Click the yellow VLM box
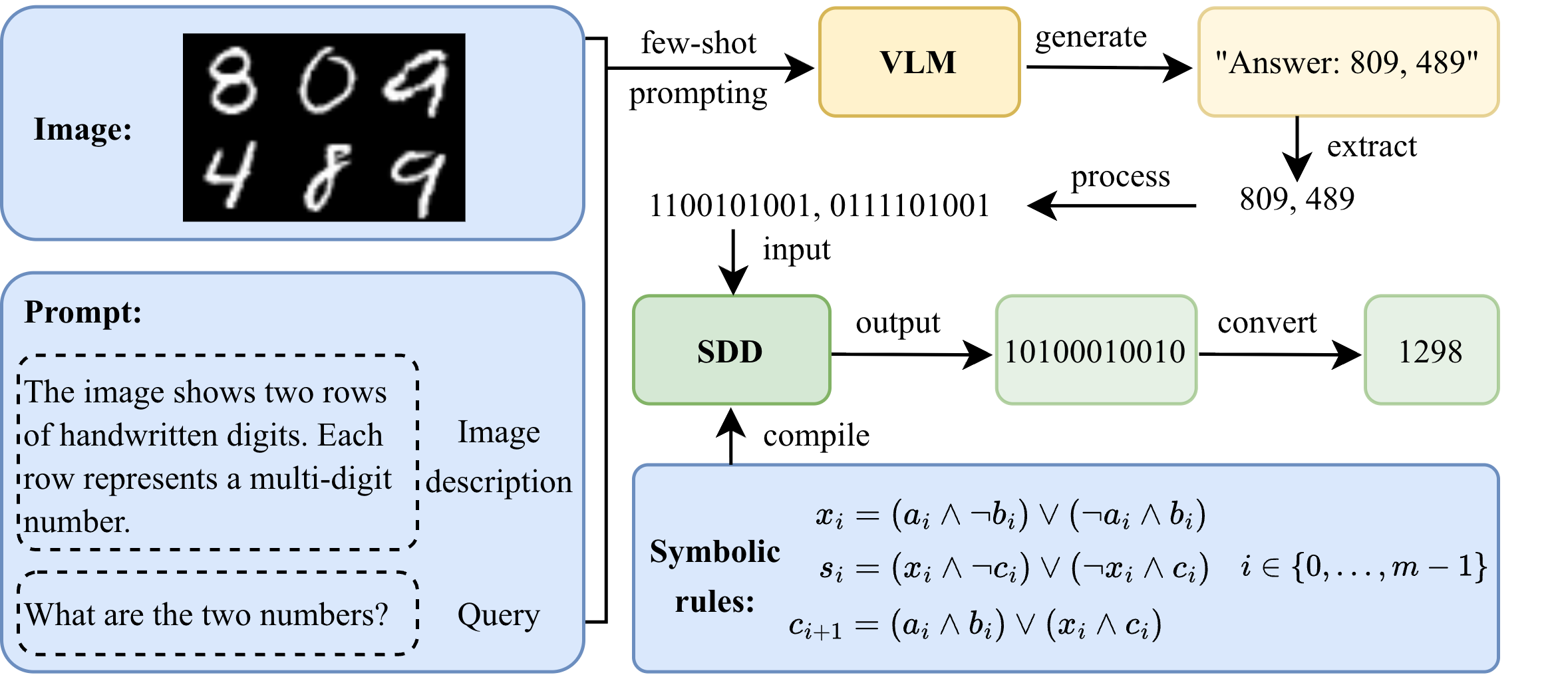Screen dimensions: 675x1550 pos(919,63)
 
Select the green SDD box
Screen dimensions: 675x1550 pos(731,350)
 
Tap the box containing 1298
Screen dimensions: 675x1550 pos(1431,350)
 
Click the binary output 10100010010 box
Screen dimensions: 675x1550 pos(1095,350)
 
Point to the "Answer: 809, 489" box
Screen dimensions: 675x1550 pos(1347,63)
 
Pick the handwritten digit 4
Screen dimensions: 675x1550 pos(228,176)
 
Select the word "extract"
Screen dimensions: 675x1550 pos(1372,146)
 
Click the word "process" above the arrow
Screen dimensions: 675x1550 pos(1120,177)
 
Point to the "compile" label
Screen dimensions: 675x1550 pos(816,436)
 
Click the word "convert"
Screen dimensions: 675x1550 pos(1267,323)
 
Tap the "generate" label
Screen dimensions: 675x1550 pos(1091,37)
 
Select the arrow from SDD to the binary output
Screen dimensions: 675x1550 pos(911,354)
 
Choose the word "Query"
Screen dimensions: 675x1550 pos(498,615)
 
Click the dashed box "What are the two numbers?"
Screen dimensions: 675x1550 pos(218,614)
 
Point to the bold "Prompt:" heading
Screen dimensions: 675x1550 pos(83,311)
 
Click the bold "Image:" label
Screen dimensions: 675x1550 pos(83,129)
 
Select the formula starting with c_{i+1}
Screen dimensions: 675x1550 pos(975,625)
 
